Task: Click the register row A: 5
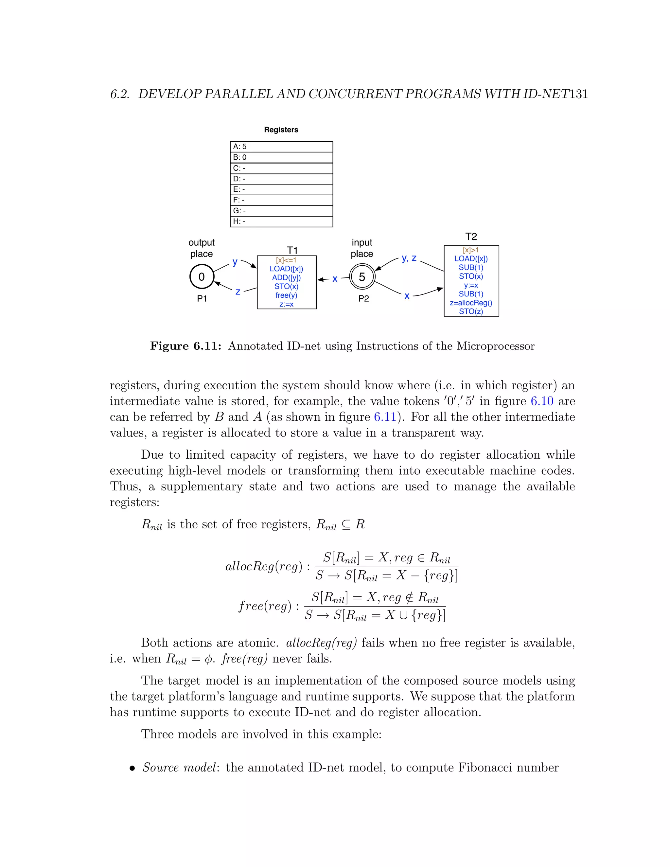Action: tap(281, 147)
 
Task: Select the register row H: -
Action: tap(281, 221)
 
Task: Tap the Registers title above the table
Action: tap(281, 130)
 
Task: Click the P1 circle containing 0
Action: tap(202, 277)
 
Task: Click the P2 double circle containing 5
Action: tap(362, 277)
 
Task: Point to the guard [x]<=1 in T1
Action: tap(286, 260)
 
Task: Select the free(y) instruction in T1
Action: tap(286, 295)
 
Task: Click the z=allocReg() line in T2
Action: tap(471, 303)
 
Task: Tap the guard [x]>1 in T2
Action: tap(471, 250)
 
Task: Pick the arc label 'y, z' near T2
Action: tap(409, 258)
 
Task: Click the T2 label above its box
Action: tap(471, 237)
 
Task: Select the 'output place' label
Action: tap(202, 248)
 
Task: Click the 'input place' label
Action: tap(362, 248)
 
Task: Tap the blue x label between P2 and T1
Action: tap(335, 279)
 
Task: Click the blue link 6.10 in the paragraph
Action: tap(542, 401)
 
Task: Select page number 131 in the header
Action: tap(578, 94)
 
